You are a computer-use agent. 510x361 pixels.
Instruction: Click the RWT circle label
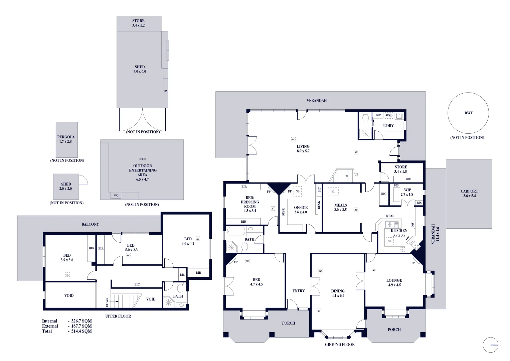coord(468,113)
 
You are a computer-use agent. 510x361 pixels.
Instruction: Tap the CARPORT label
coord(469,194)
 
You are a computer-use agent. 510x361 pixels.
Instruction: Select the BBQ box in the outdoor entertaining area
coord(116,195)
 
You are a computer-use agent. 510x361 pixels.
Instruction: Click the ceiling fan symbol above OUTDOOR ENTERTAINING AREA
coord(143,159)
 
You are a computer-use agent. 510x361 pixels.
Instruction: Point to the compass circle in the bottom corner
coord(491,345)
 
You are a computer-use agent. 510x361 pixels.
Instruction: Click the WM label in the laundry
coord(388,116)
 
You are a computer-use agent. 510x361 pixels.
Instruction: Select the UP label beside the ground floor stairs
coord(356,174)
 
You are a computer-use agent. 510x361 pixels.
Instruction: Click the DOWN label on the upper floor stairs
coord(107,302)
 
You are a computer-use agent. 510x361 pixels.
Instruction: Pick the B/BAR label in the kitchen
coord(390,216)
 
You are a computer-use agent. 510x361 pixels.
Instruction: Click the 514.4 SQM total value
coord(81,331)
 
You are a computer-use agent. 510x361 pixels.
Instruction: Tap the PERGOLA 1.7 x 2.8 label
coord(66,139)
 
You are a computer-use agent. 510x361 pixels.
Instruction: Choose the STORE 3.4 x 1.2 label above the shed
coord(138,23)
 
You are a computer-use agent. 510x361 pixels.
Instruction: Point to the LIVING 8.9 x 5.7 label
coord(303,149)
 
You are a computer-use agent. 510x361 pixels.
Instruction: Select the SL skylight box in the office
coord(298,191)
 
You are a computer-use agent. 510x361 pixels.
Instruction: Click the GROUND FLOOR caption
coord(340,344)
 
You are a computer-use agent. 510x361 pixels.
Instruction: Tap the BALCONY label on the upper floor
coord(90,224)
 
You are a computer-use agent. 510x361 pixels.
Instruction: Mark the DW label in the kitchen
coord(413,225)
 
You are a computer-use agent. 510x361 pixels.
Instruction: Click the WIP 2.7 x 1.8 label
coord(407,192)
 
